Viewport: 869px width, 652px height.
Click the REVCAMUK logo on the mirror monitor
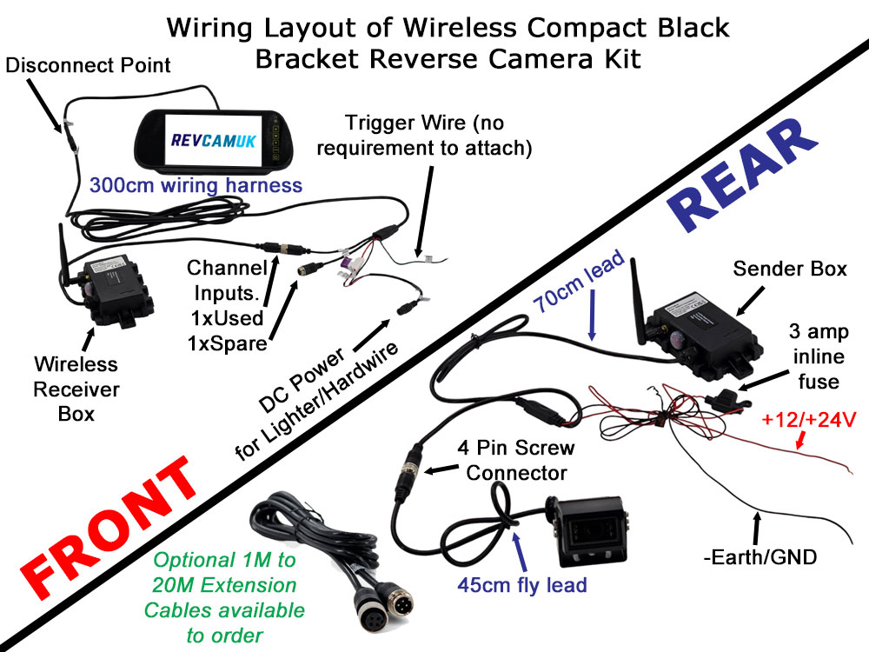point(214,140)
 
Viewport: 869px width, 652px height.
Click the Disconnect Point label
point(88,65)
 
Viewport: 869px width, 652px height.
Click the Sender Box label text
point(790,269)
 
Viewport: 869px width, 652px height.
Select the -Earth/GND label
point(760,556)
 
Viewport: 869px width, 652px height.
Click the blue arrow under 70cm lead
point(592,316)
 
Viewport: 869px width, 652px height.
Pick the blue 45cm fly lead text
point(522,585)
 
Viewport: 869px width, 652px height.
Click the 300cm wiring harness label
point(196,185)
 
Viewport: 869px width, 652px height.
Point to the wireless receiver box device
point(117,291)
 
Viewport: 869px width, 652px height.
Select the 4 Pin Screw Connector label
point(516,460)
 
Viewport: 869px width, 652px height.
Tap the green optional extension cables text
point(224,598)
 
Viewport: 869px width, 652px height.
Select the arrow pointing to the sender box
point(750,302)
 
